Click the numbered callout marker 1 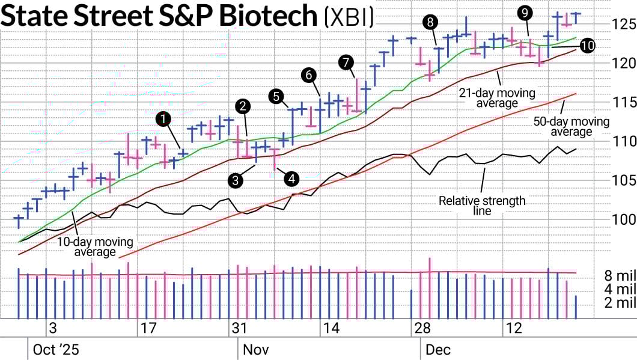coord(163,118)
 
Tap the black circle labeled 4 coord(291,178)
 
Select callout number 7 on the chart coord(346,61)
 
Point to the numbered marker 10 coord(587,46)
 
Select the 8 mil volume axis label coord(620,276)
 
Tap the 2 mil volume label coord(620,303)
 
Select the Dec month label coord(438,350)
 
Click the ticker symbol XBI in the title coord(349,17)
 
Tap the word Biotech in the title coord(267,17)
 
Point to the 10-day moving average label coord(95,246)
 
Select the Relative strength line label coord(481,206)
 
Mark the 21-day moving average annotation coord(489,98)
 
